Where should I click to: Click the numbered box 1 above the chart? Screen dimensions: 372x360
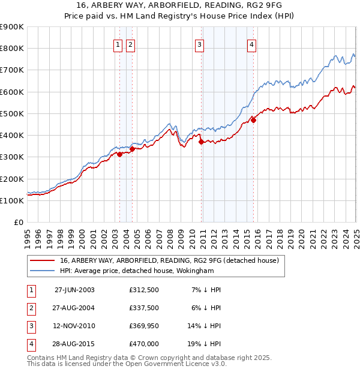click(x=118, y=44)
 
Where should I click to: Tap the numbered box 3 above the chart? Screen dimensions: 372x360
click(x=199, y=44)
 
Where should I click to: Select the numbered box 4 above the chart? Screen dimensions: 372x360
click(x=252, y=44)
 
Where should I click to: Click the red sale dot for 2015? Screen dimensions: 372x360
click(x=254, y=120)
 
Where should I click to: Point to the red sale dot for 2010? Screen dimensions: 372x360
click(x=201, y=142)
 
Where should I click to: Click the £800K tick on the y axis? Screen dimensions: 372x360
click(x=11, y=48)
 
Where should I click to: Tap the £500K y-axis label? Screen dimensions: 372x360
click(x=11, y=113)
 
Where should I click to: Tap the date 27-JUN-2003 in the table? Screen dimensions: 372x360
click(x=74, y=290)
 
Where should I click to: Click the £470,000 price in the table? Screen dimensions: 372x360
click(x=144, y=344)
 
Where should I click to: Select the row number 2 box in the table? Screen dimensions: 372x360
click(x=31, y=308)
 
